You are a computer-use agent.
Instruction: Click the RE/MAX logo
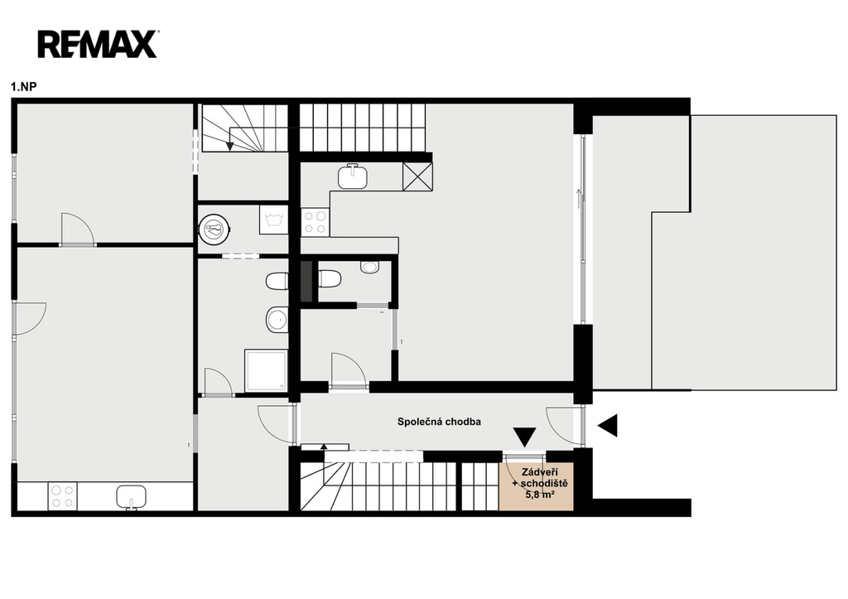[98, 44]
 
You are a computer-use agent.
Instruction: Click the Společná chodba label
[439, 422]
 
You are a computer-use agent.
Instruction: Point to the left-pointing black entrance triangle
[607, 425]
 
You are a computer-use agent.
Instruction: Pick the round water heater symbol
[215, 229]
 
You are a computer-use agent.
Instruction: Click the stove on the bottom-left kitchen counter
[62, 496]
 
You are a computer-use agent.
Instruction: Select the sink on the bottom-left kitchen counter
[132, 497]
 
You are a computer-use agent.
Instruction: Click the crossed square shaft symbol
[417, 176]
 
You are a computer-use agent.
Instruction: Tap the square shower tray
[266, 370]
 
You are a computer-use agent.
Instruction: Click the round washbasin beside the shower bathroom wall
[277, 321]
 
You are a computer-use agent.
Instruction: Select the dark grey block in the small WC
[306, 282]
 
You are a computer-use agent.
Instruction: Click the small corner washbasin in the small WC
[370, 267]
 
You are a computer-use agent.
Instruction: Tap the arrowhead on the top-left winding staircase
[230, 146]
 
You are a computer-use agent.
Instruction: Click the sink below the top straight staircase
[353, 176]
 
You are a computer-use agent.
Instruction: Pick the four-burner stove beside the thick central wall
[315, 222]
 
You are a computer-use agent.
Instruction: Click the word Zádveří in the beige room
[536, 472]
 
